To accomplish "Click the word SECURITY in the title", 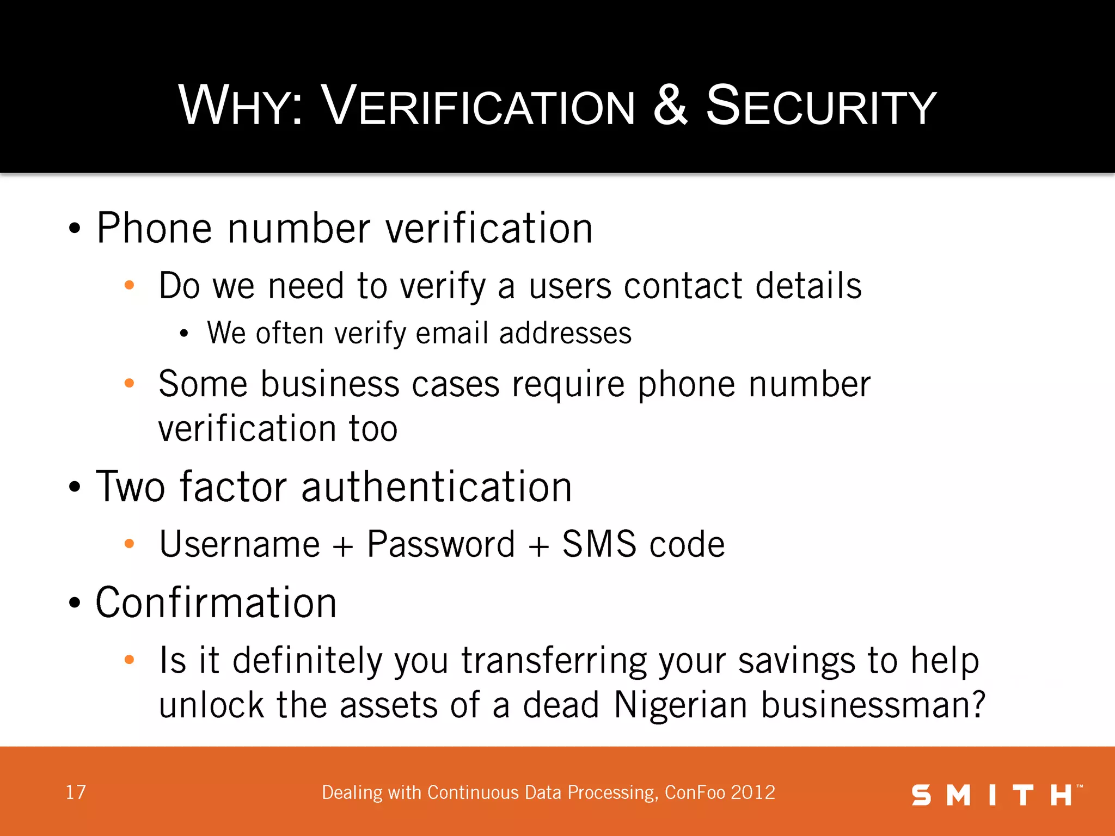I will [x=820, y=106].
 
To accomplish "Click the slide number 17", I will [x=76, y=792].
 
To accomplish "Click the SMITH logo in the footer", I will [x=996, y=795].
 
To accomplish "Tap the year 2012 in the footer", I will [x=753, y=792].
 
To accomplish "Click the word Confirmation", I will [x=216, y=603].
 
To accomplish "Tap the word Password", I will [x=440, y=544].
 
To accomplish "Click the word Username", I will [x=240, y=544].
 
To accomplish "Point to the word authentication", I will [x=436, y=487].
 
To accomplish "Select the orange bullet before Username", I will [x=129, y=544].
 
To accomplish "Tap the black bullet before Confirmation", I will [x=75, y=604].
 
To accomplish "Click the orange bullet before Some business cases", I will [x=129, y=383].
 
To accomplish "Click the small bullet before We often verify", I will [x=184, y=334].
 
